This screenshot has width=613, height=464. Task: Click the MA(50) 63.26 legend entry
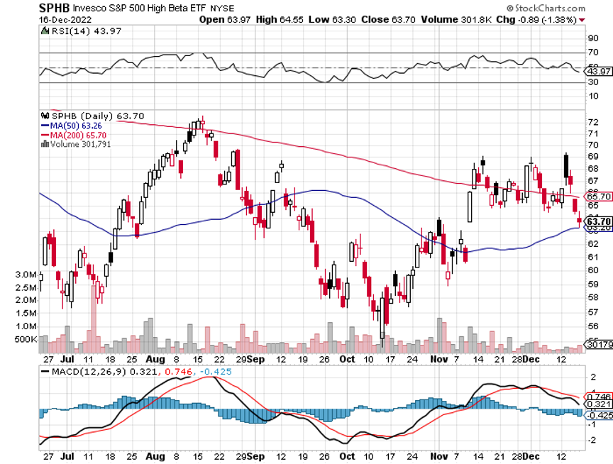(70, 125)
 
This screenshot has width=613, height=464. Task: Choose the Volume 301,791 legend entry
(77, 143)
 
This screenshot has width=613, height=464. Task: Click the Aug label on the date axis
(157, 360)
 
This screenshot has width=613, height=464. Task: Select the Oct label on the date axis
(347, 360)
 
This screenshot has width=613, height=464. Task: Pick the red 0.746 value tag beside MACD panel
(600, 397)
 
